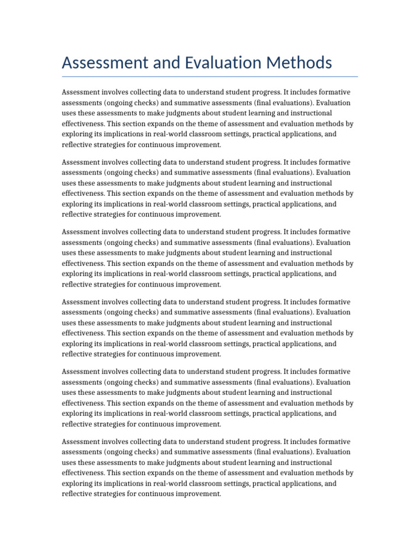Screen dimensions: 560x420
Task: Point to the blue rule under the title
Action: click(x=210, y=77)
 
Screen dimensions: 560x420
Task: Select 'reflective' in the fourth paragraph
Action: click(x=77, y=354)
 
